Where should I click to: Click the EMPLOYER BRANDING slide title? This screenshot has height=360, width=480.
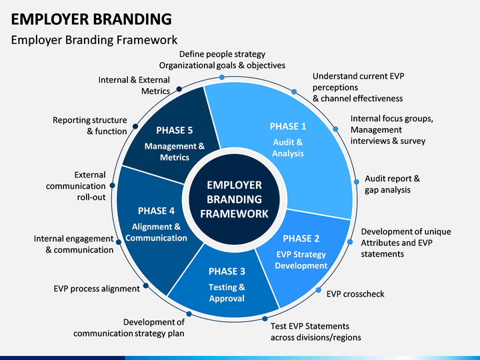[91, 18]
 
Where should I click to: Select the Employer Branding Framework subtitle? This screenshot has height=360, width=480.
[94, 40]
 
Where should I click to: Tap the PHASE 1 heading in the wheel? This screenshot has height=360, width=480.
[288, 126]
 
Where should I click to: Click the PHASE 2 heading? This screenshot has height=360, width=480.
[301, 238]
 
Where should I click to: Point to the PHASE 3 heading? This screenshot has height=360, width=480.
[227, 271]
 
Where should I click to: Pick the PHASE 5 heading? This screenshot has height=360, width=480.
[175, 130]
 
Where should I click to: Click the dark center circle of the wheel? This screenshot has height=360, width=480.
[234, 199]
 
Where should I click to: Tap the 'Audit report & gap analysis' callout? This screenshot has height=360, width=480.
[392, 184]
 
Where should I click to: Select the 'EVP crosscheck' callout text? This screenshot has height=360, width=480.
[355, 294]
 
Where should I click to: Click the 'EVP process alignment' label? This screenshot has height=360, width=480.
[97, 289]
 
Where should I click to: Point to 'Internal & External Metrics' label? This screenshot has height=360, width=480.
[134, 85]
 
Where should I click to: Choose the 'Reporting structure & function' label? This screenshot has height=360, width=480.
[90, 125]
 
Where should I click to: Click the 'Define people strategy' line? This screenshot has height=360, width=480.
[222, 54]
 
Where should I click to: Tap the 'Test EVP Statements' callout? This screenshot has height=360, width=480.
[310, 326]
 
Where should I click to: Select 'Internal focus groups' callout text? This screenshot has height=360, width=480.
[391, 119]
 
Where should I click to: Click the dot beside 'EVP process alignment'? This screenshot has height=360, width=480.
[146, 285]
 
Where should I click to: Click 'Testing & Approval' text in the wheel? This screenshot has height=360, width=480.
[227, 293]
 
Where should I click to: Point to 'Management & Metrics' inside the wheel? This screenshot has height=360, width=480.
[175, 151]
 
